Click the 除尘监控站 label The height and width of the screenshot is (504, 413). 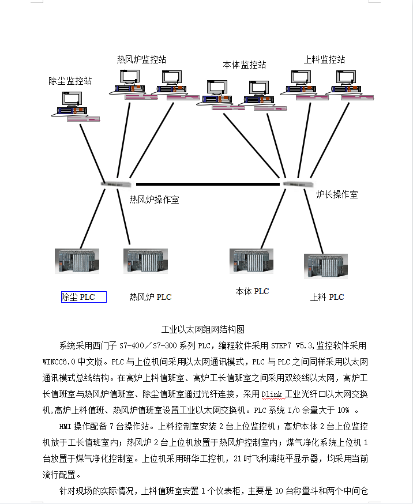tap(70, 81)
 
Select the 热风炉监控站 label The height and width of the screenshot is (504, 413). tap(142, 59)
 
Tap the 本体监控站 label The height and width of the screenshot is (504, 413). tap(245, 65)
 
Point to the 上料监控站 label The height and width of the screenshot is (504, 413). tap(324, 59)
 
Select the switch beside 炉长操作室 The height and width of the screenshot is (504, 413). tap(298, 183)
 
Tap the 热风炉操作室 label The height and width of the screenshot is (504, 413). tap(154, 200)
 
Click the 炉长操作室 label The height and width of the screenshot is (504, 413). tap(337, 194)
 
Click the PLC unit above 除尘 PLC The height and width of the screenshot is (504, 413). tap(77, 261)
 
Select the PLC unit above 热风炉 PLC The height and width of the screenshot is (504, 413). tap(145, 261)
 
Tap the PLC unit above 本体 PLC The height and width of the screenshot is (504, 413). tap(251, 261)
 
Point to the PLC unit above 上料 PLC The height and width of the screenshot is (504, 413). tap(326, 266)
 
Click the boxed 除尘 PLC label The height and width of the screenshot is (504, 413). tap(84, 297)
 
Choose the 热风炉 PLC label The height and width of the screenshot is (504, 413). tap(151, 297)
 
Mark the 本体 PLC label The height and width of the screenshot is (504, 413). tap(252, 291)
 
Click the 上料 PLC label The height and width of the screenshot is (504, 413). tap(327, 297)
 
